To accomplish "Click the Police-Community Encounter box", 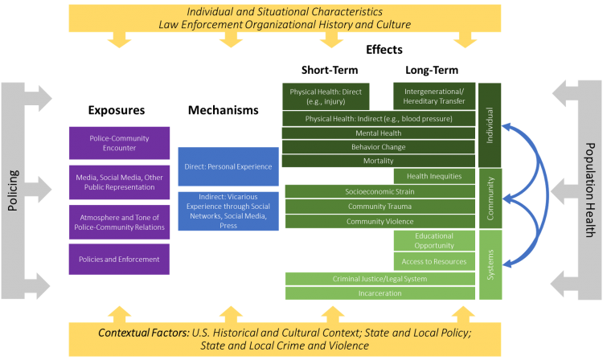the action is pyautogui.click(x=119, y=143).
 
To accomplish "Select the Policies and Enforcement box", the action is pyautogui.click(x=119, y=260).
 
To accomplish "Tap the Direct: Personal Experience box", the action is pyautogui.click(x=228, y=167).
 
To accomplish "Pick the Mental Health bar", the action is pyautogui.click(x=379, y=133).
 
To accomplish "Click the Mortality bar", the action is pyautogui.click(x=379, y=161).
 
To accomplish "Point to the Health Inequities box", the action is pyautogui.click(x=434, y=176).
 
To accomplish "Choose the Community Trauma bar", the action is pyautogui.click(x=380, y=207).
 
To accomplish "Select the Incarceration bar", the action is pyautogui.click(x=380, y=293).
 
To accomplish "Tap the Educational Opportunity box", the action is pyautogui.click(x=434, y=241).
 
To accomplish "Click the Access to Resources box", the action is pyautogui.click(x=434, y=262).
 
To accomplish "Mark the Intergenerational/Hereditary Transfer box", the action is pyautogui.click(x=434, y=96).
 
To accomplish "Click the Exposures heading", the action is pyautogui.click(x=117, y=110).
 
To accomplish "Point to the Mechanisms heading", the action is pyautogui.click(x=224, y=110).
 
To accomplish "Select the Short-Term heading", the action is pyautogui.click(x=330, y=70).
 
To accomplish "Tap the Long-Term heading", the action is pyautogui.click(x=432, y=70).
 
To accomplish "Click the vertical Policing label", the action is pyautogui.click(x=13, y=190).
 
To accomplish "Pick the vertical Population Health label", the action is pyautogui.click(x=590, y=190).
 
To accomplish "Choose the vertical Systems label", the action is pyautogui.click(x=490, y=264).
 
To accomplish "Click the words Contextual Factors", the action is pyautogui.click(x=143, y=333).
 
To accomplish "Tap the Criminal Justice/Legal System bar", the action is pyautogui.click(x=380, y=279).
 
